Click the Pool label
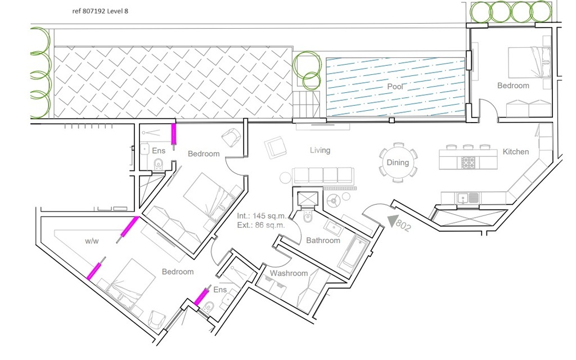pyautogui.click(x=395, y=87)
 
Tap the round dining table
pyautogui.click(x=398, y=163)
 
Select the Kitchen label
pyautogui.click(x=516, y=152)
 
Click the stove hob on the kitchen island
pyautogui.click(x=468, y=162)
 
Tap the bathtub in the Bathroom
pyautogui.click(x=353, y=254)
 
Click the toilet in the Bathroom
pyautogui.click(x=308, y=217)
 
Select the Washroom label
pyautogui.click(x=289, y=273)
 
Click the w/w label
pyautogui.click(x=92, y=241)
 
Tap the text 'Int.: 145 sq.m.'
pyautogui.click(x=261, y=216)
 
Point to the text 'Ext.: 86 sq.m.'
pyautogui.click(x=261, y=225)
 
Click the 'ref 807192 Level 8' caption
pyautogui.click(x=100, y=11)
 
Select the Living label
pyautogui.click(x=320, y=150)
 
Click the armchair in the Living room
pyautogui.click(x=275, y=147)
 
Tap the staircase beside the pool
pyautogui.click(x=306, y=105)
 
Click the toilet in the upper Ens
pyautogui.click(x=158, y=165)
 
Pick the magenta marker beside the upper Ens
pyautogui.click(x=174, y=134)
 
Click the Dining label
pyautogui.click(x=398, y=163)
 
